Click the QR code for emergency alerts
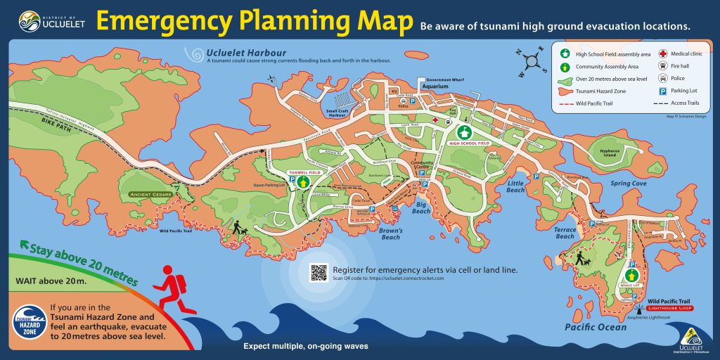pyautogui.click(x=319, y=273)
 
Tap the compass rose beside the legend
pyautogui.click(x=532, y=61)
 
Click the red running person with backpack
pyautogui.click(x=172, y=288)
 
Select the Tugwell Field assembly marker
pyautogui.click(x=303, y=181)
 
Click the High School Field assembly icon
pyautogui.click(x=465, y=131)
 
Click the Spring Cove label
pyautogui.click(x=628, y=184)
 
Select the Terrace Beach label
pyautogui.click(x=565, y=233)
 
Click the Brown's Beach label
pyautogui.click(x=390, y=233)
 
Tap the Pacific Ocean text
pyautogui.click(x=595, y=327)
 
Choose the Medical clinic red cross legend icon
pyautogui.click(x=663, y=53)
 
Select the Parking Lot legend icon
pyautogui.click(x=663, y=91)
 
